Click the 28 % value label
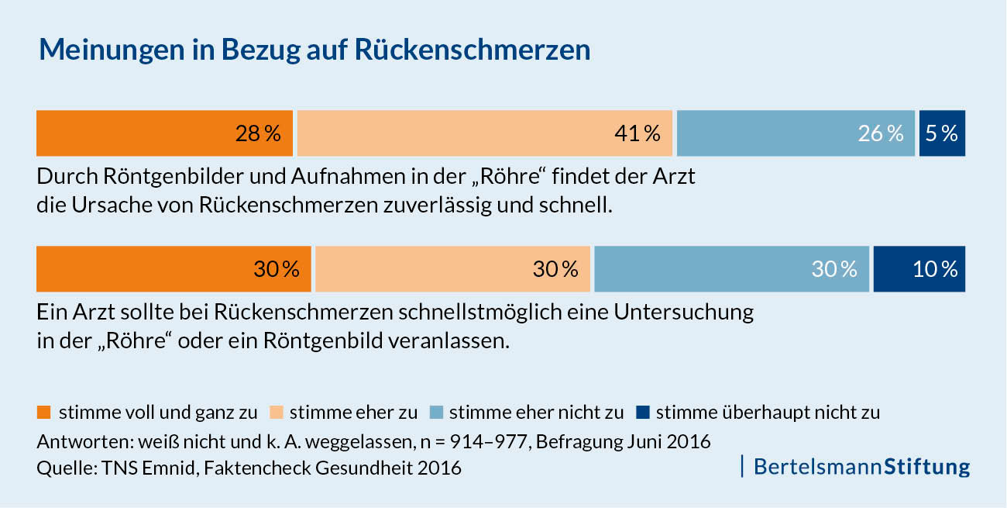[258, 133]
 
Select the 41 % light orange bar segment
[484, 133]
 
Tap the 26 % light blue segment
[796, 133]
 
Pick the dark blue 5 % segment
[942, 133]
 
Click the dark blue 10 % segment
[919, 269]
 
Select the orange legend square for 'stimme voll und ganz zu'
[44, 411]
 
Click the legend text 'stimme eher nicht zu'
[536, 412]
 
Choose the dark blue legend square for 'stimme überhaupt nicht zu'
[643, 411]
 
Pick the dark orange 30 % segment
[174, 269]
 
